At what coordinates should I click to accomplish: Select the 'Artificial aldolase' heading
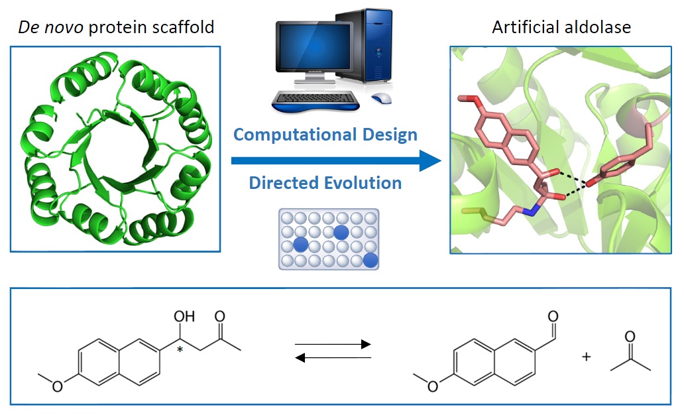pyautogui.click(x=561, y=27)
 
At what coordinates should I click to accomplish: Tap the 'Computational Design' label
pyautogui.click(x=325, y=135)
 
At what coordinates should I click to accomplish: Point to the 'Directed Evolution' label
pyautogui.click(x=325, y=182)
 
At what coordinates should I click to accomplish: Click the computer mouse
pyautogui.click(x=382, y=98)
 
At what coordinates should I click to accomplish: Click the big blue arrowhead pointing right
pyautogui.click(x=429, y=160)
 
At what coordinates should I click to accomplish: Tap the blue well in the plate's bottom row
pyautogui.click(x=370, y=260)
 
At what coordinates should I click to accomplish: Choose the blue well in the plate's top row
pyautogui.click(x=341, y=231)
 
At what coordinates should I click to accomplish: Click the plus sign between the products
pyautogui.click(x=586, y=357)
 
